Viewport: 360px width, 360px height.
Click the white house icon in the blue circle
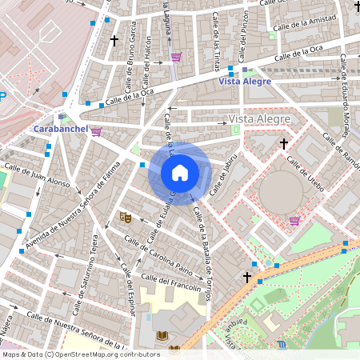[x=180, y=172]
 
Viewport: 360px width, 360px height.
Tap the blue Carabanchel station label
[x=59, y=129]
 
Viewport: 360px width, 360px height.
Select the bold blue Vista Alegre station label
[x=245, y=81]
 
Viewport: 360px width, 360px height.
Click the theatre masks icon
[x=125, y=217]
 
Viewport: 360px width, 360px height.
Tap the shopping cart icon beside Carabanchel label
[x=96, y=131]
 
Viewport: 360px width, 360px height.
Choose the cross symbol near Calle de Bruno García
[x=114, y=39]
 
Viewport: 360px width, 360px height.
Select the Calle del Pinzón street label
[x=244, y=30]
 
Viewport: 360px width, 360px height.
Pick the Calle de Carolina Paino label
[x=159, y=254]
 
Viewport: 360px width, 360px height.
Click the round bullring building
[x=281, y=192]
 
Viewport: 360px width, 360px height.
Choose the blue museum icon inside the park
[x=282, y=345]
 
